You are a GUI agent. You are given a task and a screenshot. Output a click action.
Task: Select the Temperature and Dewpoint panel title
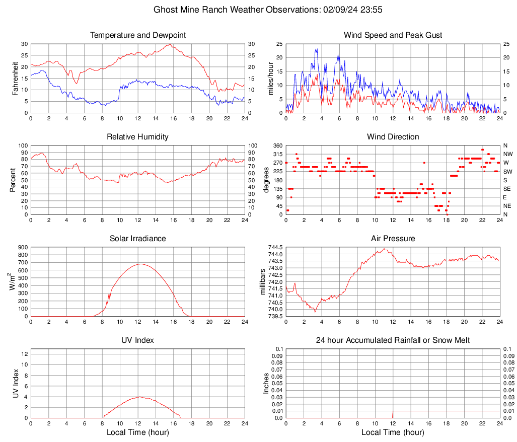138,35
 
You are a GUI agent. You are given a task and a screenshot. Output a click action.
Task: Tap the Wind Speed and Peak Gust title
393,35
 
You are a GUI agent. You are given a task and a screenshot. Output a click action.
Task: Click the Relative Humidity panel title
138,137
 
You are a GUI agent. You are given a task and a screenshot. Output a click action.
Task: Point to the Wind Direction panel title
393,137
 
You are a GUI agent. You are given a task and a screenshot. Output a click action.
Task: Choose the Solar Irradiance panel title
138,239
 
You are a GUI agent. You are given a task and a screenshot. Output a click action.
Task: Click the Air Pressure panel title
393,239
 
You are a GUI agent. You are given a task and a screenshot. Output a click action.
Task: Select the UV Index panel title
138,340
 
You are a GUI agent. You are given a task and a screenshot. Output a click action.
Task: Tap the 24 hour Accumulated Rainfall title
393,340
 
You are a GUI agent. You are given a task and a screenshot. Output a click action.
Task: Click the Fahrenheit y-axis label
16,79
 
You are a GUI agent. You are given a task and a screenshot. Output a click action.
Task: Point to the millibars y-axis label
262,281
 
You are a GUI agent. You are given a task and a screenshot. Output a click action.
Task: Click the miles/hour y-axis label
271,79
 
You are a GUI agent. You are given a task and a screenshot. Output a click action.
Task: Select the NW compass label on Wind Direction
508,154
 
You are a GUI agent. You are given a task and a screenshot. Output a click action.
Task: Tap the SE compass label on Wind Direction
507,189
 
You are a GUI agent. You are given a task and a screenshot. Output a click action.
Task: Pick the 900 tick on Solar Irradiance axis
22,247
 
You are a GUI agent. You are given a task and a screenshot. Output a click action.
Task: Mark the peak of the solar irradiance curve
140,264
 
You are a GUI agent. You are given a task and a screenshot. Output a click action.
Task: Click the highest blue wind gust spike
317,49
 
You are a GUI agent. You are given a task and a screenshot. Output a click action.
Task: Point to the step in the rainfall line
393,411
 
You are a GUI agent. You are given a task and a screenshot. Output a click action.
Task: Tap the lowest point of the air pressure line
315,312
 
